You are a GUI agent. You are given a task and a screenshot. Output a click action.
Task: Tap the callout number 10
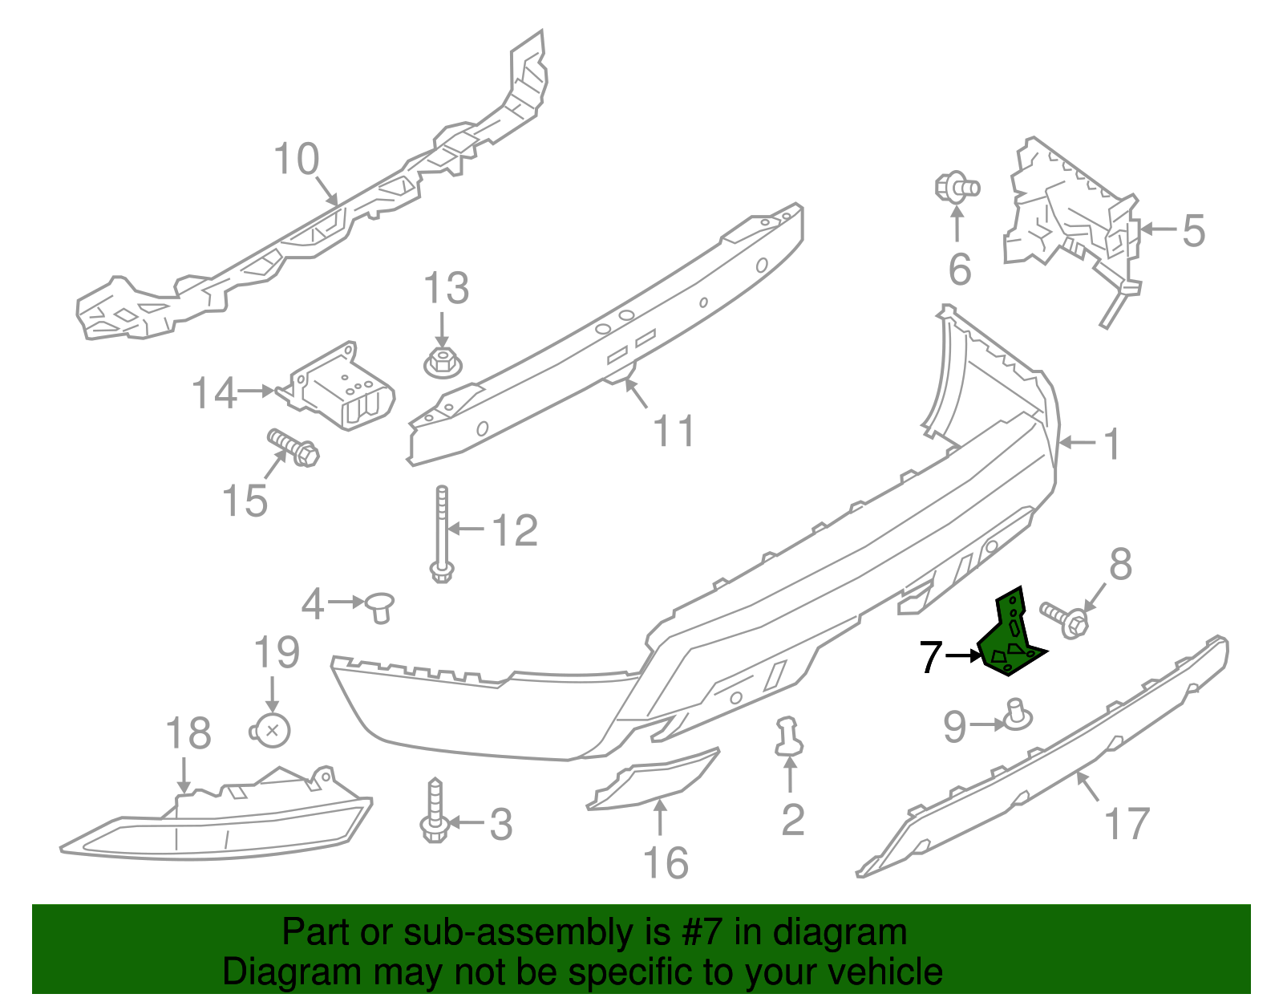click(x=297, y=159)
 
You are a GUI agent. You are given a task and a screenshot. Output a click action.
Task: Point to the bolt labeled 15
click(x=293, y=447)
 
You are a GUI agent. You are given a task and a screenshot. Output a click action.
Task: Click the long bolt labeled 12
click(x=442, y=534)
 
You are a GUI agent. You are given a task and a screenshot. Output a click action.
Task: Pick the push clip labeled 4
click(x=379, y=607)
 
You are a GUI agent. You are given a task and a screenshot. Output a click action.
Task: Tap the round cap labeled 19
click(x=271, y=731)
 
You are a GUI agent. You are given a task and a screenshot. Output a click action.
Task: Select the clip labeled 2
click(x=789, y=736)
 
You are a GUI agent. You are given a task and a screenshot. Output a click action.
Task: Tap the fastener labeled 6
click(x=957, y=187)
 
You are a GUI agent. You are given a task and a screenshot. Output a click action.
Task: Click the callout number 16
click(x=666, y=862)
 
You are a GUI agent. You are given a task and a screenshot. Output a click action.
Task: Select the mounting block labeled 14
click(x=335, y=385)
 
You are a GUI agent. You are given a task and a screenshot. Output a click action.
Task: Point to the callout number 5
click(x=1193, y=230)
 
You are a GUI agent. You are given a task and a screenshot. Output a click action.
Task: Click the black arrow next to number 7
click(x=964, y=655)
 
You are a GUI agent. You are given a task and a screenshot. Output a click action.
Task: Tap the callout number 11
click(x=674, y=431)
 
